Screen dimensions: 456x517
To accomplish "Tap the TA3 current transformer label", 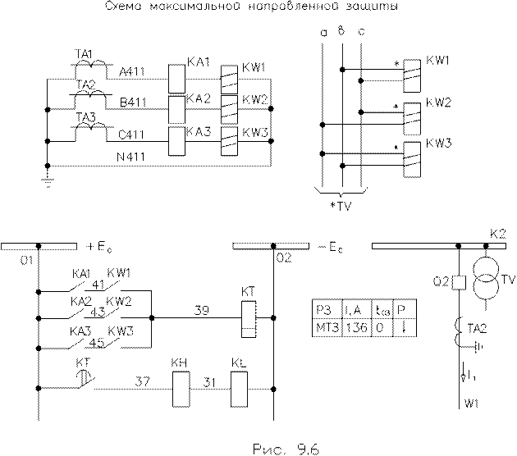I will tap(85, 118).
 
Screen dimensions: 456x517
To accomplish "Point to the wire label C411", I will tap(131, 135).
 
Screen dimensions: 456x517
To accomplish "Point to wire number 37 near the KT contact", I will tap(142, 380).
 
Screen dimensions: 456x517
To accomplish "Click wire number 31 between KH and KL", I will tap(210, 380).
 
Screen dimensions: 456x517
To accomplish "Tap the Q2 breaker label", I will tap(439, 283).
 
